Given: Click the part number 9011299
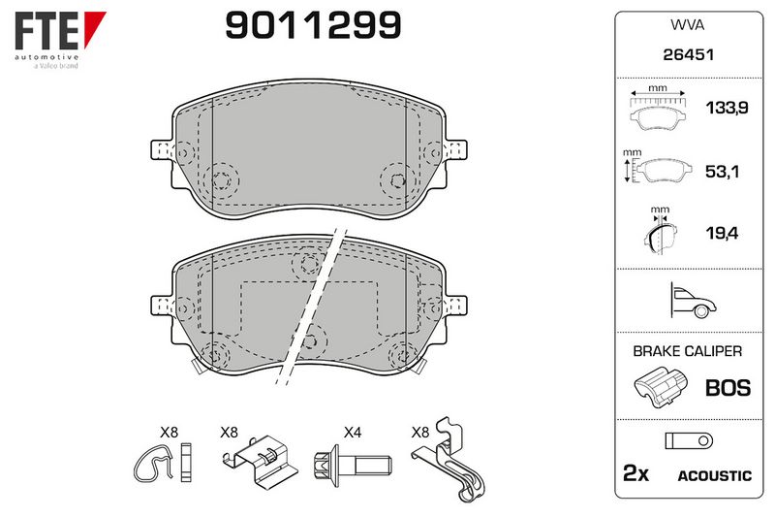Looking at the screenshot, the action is point(313,25).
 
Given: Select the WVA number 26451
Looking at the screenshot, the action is point(688,54).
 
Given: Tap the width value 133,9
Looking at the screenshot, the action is point(727,108).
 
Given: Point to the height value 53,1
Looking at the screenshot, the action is point(722,172).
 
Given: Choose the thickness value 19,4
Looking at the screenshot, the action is point(722,233).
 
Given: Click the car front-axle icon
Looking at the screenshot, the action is point(693,300).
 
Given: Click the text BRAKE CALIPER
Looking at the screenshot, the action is point(688,351).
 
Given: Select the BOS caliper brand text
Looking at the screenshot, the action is point(728,387).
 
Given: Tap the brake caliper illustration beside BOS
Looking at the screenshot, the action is point(660,387).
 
